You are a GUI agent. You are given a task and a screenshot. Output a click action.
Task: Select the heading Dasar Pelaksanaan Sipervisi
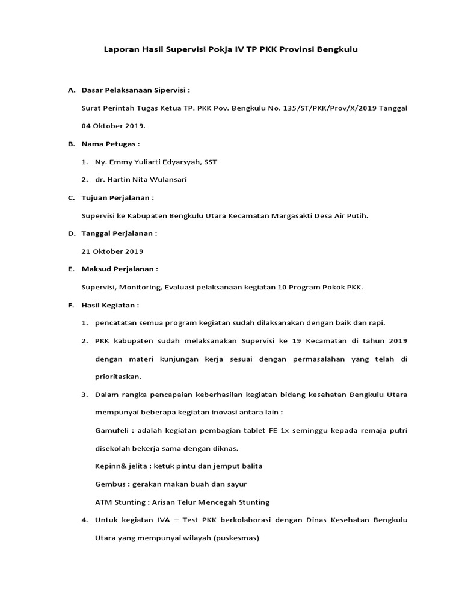pyautogui.click(x=135, y=90)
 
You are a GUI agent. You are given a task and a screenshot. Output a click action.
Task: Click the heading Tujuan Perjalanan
pyautogui.click(x=117, y=197)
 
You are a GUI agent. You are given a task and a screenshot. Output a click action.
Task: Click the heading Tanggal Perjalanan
pyautogui.click(x=119, y=233)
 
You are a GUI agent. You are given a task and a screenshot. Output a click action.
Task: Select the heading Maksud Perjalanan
pyautogui.click(x=120, y=269)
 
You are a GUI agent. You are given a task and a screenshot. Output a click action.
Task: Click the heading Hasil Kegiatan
pyautogui.click(x=110, y=305)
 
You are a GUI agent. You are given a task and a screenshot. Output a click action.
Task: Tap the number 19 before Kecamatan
pyautogui.click(x=295, y=341)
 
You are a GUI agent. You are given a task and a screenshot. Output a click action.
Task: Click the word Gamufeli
pyautogui.click(x=112, y=431)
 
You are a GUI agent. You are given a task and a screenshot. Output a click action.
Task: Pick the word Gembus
pyautogui.click(x=109, y=484)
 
